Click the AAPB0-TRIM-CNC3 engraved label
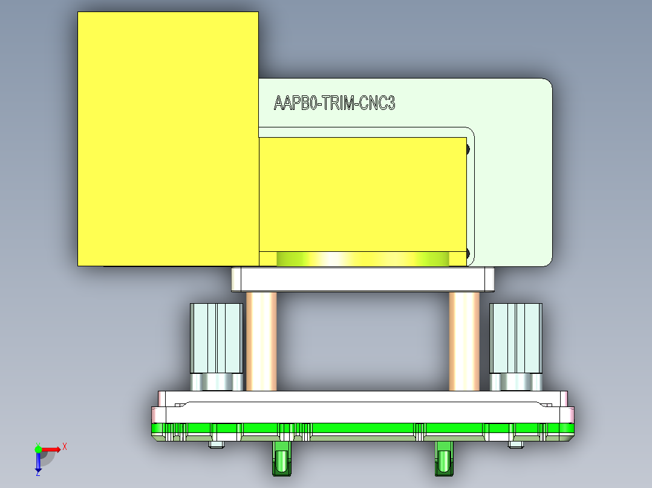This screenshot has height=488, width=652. point(334,103)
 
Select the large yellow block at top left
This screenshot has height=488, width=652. point(168,139)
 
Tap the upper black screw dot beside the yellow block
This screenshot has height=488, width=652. point(468,149)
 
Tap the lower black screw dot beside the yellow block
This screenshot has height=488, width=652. point(468,253)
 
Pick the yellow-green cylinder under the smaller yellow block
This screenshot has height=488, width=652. point(363,259)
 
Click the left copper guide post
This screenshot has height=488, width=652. point(261,341)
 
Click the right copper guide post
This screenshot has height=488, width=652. point(464,341)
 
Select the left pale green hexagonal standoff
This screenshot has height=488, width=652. point(217,338)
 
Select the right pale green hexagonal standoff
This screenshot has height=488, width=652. point(515,338)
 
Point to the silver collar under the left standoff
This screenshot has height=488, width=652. point(217,382)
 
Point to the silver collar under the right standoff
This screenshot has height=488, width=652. point(515,382)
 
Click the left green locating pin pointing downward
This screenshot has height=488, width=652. point(281,459)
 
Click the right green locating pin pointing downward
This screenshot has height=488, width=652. point(444,459)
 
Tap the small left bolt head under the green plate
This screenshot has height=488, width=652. point(216,445)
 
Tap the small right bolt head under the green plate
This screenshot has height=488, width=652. point(515,445)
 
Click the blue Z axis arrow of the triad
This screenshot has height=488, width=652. point(38,464)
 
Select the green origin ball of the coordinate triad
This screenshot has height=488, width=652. point(38,449)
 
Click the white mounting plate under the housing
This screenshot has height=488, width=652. point(363,279)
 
